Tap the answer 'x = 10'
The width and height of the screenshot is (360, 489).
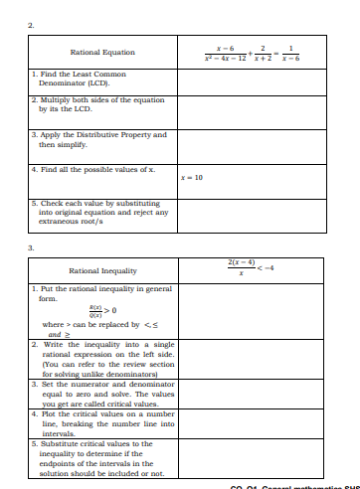click(x=192, y=177)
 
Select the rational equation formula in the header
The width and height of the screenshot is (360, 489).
click(x=249, y=52)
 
